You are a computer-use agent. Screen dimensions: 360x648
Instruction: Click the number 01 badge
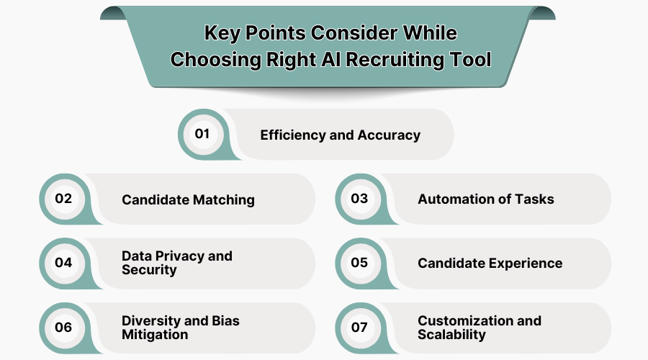(202, 134)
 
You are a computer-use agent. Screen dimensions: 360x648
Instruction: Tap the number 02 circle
(63, 199)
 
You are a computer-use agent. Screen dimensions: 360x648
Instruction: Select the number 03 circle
(359, 199)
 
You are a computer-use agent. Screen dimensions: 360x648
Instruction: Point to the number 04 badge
(63, 263)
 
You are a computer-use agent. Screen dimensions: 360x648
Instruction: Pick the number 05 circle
(359, 263)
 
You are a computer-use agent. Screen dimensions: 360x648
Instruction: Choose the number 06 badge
(63, 328)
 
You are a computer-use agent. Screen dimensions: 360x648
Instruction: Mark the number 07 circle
(359, 328)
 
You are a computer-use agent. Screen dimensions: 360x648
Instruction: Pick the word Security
(149, 270)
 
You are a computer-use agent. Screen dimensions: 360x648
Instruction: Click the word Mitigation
(155, 335)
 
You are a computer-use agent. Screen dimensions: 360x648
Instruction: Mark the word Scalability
(451, 335)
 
